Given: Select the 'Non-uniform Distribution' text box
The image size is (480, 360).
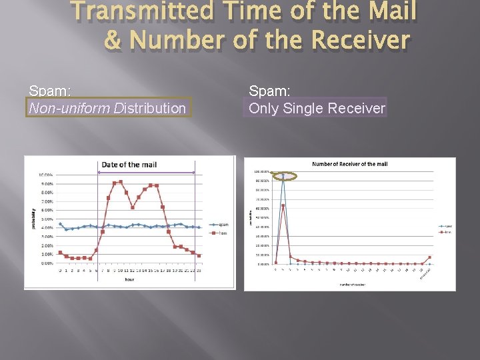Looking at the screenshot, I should pyautogui.click(x=108, y=107).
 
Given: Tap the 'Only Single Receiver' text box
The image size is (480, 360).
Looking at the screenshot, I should pyautogui.click(x=317, y=107).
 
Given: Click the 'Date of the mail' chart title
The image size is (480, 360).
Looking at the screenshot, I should pyautogui.click(x=130, y=165).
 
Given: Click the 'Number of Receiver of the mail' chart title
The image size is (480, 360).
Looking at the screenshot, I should pyautogui.click(x=349, y=164).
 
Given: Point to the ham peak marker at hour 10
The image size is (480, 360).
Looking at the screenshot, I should pyautogui.click(x=121, y=181).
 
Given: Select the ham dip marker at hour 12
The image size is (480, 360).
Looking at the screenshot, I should pyautogui.click(x=133, y=207).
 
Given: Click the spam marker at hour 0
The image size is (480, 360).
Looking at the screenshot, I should pyautogui.click(x=60, y=224).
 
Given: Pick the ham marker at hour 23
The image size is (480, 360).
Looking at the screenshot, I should pyautogui.click(x=199, y=255).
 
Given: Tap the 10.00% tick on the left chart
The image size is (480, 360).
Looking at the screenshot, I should pyautogui.click(x=45, y=175).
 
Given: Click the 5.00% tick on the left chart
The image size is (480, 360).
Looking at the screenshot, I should pyautogui.click(x=45, y=219).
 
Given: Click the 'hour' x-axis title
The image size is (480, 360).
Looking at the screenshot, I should pyautogui.click(x=129, y=280).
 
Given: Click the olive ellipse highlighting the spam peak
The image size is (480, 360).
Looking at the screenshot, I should pyautogui.click(x=283, y=176).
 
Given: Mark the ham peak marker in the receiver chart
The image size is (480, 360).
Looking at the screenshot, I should pyautogui.click(x=283, y=206).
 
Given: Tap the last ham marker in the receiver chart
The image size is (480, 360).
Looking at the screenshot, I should pyautogui.click(x=430, y=257).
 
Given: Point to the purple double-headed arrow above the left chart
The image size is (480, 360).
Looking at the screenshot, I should pyautogui.click(x=146, y=173).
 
